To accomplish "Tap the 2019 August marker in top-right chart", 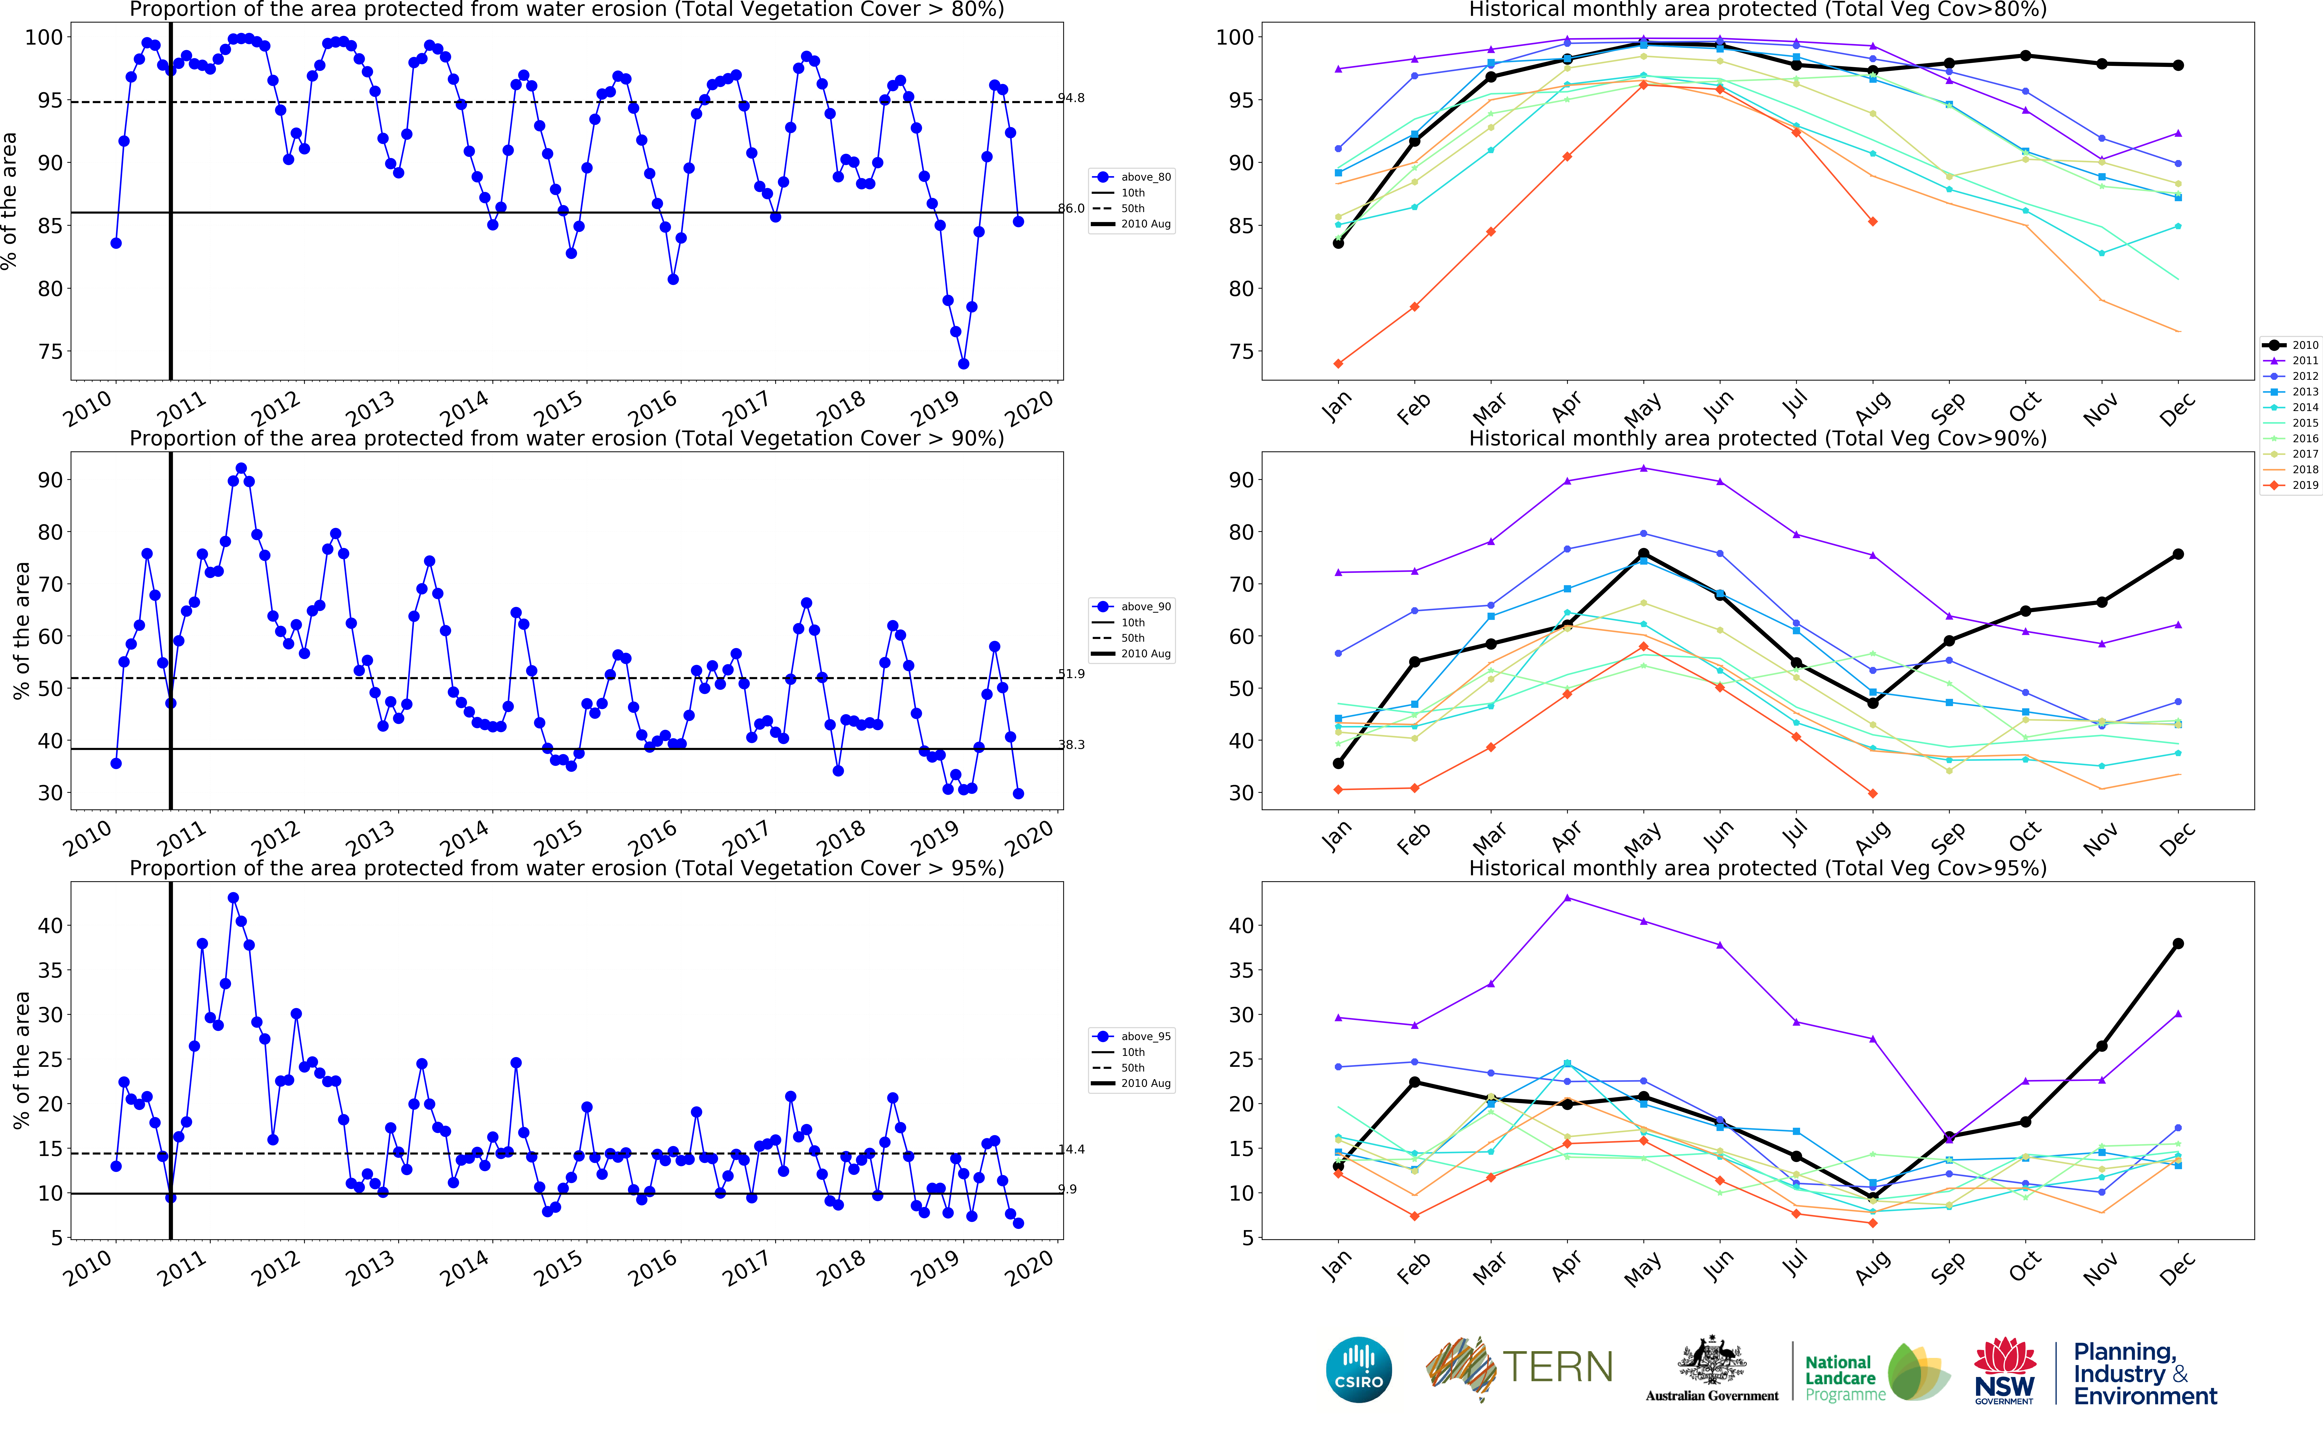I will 1872,221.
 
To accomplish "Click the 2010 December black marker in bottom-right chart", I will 2178,944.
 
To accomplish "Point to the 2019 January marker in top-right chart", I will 1338,363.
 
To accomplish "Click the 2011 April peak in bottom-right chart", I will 1568,897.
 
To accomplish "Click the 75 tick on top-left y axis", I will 49,351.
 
